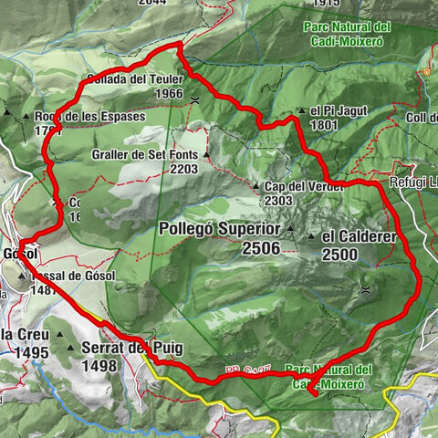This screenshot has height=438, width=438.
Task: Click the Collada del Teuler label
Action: pyautogui.click(x=131, y=78)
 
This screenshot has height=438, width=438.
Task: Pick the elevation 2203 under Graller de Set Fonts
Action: pyautogui.click(x=183, y=169)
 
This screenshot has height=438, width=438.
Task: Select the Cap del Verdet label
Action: pyautogui.click(x=304, y=186)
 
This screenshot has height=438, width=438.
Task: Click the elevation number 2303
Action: pyautogui.click(x=283, y=201)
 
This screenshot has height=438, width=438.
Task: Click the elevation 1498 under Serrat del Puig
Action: pyautogui.click(x=99, y=366)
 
